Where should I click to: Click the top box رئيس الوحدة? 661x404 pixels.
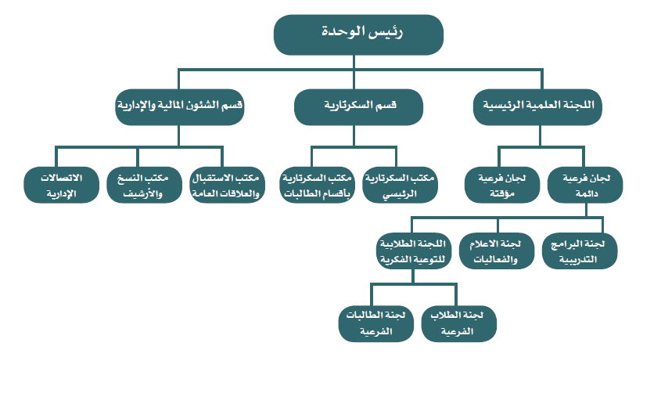click(x=358, y=34)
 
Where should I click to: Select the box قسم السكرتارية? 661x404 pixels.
click(x=358, y=106)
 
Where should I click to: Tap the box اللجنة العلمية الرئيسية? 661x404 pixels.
click(x=537, y=106)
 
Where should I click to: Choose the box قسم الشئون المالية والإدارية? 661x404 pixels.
click(x=180, y=106)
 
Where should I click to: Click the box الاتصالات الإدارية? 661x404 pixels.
click(x=62, y=185)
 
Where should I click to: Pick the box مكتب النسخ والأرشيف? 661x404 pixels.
click(x=144, y=185)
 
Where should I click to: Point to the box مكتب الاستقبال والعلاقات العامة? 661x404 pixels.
click(x=227, y=185)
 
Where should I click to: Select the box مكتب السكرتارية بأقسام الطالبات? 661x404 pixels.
click(x=317, y=185)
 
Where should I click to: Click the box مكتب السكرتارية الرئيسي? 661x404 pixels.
click(x=400, y=185)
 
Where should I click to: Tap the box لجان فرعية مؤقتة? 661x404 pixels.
click(x=502, y=185)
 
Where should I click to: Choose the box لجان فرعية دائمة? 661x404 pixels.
click(x=585, y=185)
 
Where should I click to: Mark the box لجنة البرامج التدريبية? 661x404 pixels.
click(x=580, y=251)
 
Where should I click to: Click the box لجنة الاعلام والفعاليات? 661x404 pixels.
click(x=497, y=251)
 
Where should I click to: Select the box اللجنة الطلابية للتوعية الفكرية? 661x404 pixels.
click(x=414, y=251)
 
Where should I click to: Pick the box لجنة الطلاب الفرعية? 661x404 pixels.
click(x=458, y=323)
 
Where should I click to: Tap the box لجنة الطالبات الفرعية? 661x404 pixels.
click(x=376, y=323)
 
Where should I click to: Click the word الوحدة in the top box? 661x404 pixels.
click(x=343, y=31)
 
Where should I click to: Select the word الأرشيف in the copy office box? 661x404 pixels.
click(x=142, y=194)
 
